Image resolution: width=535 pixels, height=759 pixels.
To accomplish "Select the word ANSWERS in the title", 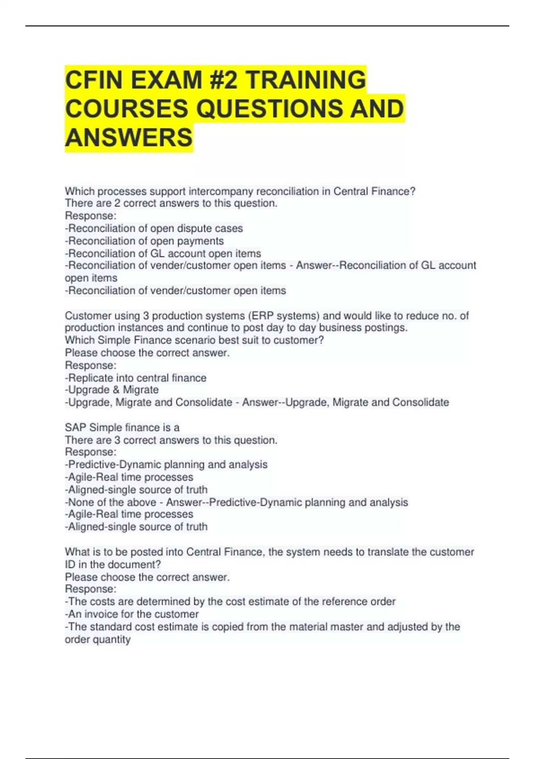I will pos(129,137).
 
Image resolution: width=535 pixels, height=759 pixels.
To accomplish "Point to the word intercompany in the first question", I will pos(218,192).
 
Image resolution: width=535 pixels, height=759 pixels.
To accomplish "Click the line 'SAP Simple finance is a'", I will pos(122,428).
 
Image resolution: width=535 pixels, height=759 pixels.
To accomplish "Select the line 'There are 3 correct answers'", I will pos(171,440).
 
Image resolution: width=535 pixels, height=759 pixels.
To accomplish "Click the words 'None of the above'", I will pos(112,502).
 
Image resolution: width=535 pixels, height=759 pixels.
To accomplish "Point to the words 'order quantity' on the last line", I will pos(98,639).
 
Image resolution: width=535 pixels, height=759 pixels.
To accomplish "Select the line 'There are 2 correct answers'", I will pos(171,204).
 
